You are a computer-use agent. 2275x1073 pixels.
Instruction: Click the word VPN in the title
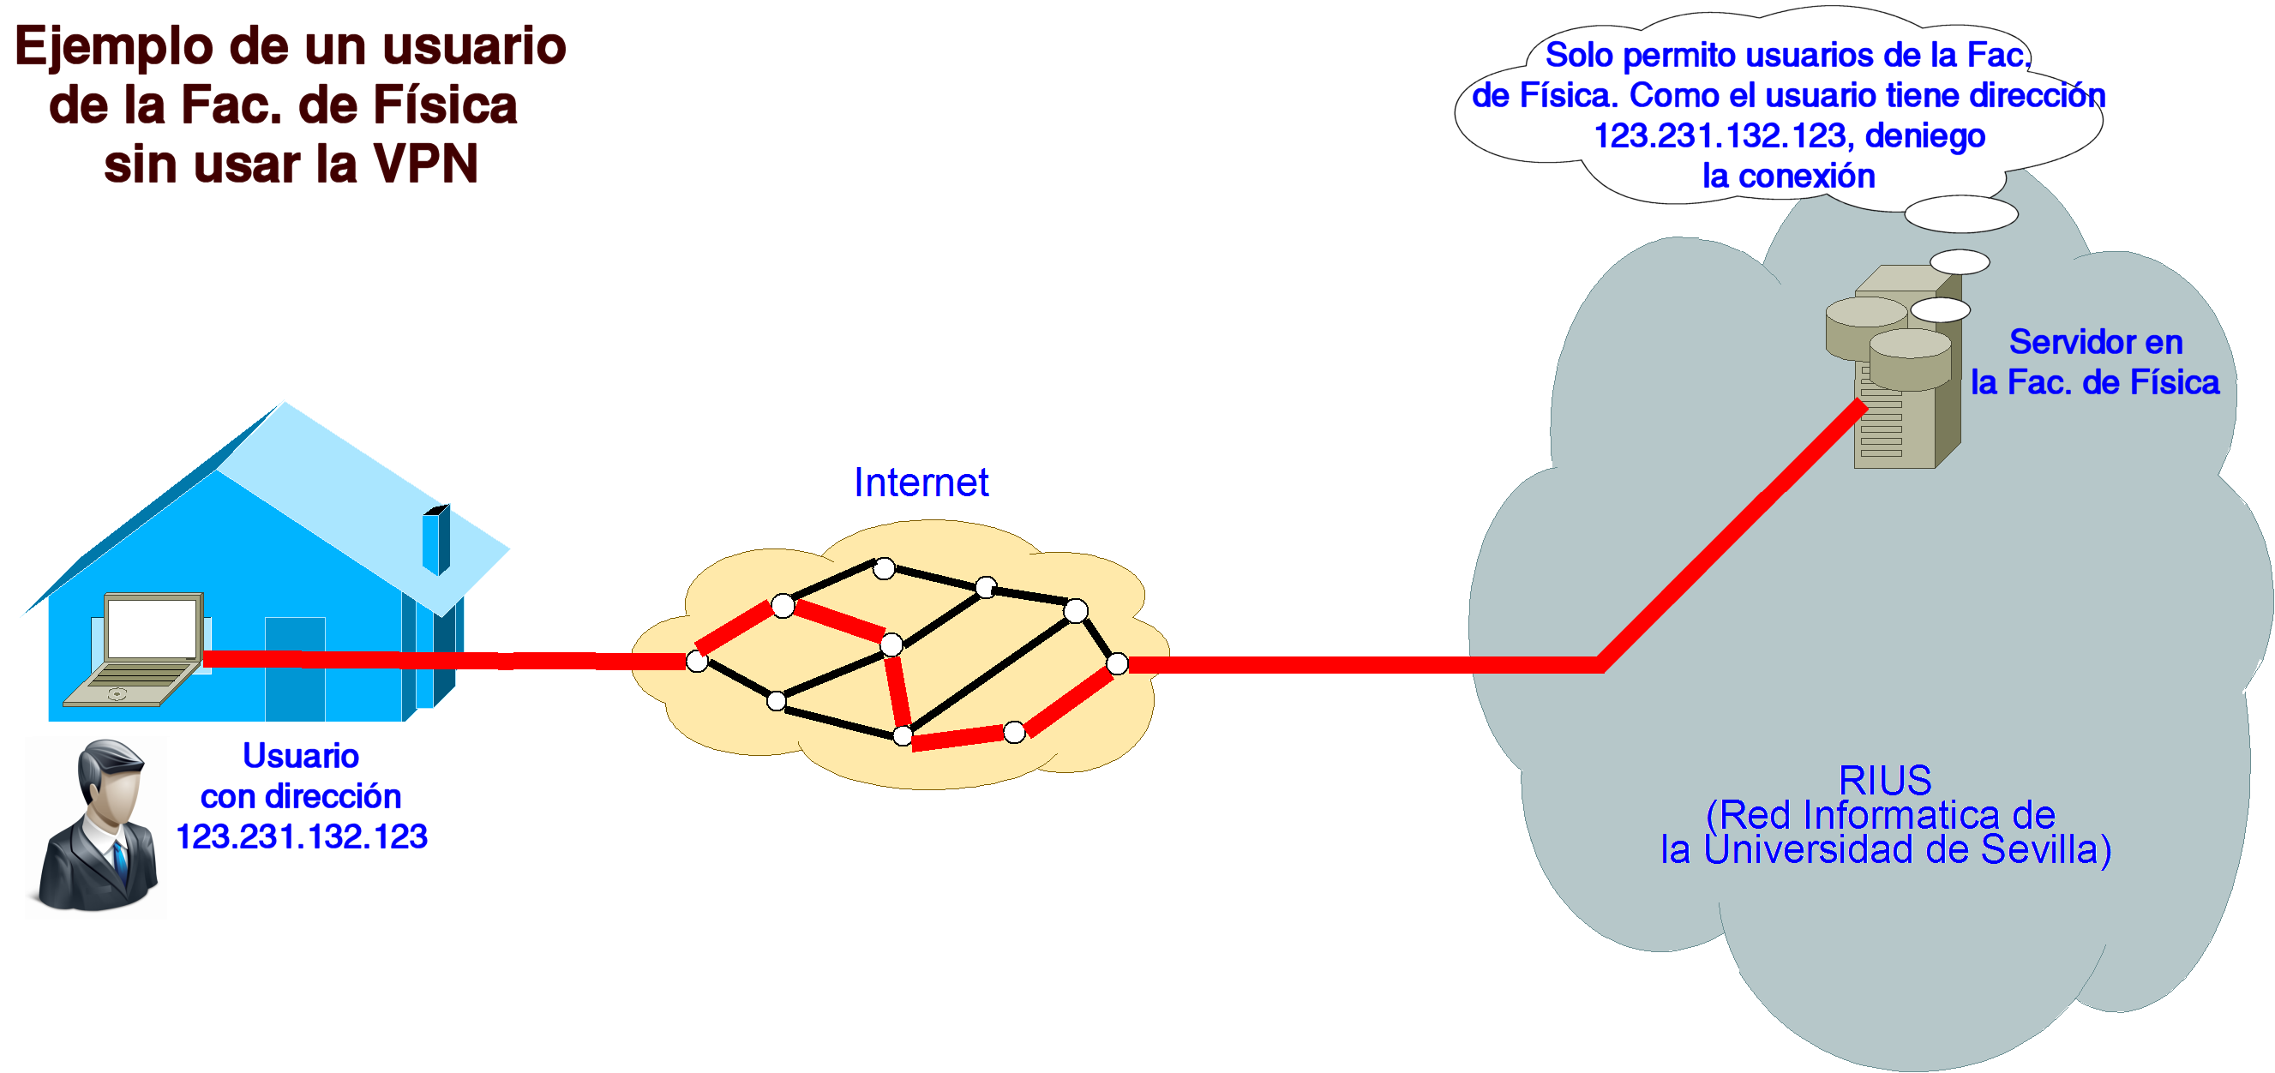coord(426,165)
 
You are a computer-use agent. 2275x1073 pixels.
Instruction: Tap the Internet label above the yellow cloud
coord(921,483)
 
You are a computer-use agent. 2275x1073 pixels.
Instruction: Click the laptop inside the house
coord(141,649)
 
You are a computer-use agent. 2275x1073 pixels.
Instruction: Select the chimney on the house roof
coord(436,540)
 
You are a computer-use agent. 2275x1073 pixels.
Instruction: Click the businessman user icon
coord(97,825)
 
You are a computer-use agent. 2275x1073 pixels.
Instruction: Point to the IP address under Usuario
coord(301,837)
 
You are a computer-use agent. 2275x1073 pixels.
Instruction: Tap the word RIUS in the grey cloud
coord(1885,781)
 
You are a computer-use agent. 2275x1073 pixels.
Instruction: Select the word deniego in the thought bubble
coord(1925,136)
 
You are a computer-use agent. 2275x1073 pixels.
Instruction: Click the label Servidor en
coord(2095,342)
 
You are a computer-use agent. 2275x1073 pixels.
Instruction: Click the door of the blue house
coord(295,668)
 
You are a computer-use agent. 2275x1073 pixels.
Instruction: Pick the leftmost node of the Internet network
coord(697,662)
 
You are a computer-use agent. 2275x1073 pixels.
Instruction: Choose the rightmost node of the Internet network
coord(1117,664)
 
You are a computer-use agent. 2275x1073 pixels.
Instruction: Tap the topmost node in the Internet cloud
coord(884,569)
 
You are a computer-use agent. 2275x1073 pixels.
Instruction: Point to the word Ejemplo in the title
coord(114,47)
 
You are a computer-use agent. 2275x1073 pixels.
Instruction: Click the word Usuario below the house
coord(300,756)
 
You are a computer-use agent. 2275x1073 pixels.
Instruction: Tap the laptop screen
coord(152,627)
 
